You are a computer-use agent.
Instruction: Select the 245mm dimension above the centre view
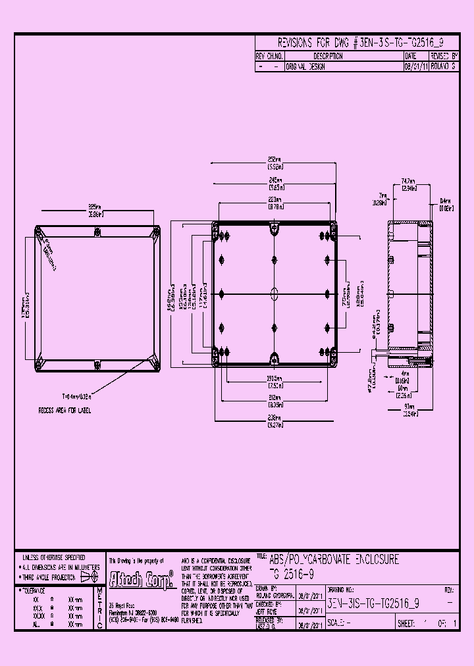[x=275, y=181]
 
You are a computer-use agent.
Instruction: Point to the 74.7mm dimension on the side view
[x=408, y=184]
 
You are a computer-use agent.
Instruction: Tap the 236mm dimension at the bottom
[x=275, y=423]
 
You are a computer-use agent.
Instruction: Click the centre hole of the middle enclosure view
[x=275, y=293]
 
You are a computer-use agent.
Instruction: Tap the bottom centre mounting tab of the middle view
[x=275, y=358]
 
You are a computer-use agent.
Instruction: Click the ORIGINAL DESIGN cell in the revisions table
[x=305, y=67]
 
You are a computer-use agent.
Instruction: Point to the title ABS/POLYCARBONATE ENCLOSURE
[x=334, y=559]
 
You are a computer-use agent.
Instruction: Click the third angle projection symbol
[x=88, y=577]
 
